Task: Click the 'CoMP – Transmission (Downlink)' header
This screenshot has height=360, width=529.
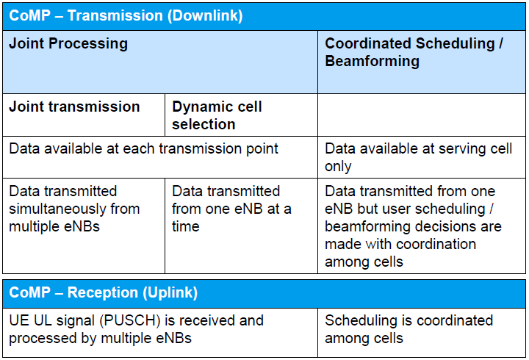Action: pyautogui.click(x=126, y=15)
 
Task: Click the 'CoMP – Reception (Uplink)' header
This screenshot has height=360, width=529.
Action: pyautogui.click(x=104, y=293)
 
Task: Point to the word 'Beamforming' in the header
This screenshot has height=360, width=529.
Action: pyautogui.click(x=373, y=61)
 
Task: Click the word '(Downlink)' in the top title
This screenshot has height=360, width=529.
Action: pyautogui.click(x=200, y=15)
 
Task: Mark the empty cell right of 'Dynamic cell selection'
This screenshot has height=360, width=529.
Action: pyautogui.click(x=422, y=115)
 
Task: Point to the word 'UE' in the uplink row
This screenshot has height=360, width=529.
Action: pyautogui.click(x=18, y=320)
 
